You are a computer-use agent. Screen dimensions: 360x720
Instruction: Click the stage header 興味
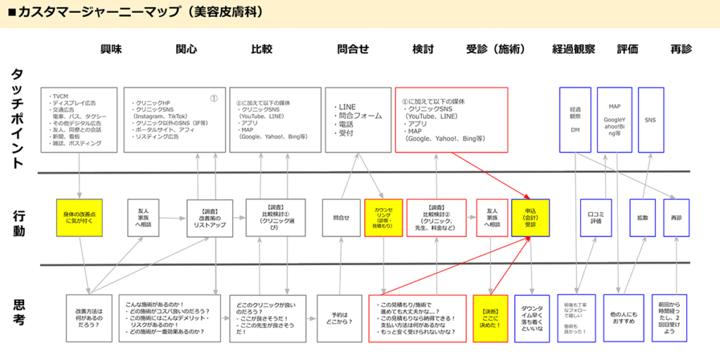click(x=111, y=49)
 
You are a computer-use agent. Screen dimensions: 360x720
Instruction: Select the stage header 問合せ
click(x=353, y=49)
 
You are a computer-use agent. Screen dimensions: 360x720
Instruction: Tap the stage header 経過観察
click(x=574, y=49)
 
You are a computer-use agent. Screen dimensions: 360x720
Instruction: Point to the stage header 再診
click(x=681, y=49)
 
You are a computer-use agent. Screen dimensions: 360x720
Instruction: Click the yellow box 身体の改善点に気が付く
click(x=79, y=217)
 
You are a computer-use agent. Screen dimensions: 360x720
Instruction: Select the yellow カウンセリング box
click(x=382, y=217)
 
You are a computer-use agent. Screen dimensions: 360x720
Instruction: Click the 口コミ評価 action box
click(x=596, y=217)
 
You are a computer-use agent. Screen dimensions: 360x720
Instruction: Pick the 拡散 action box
click(x=643, y=217)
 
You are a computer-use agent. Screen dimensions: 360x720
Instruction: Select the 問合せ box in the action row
click(x=341, y=217)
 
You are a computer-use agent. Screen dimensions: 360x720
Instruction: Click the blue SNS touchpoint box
click(x=650, y=120)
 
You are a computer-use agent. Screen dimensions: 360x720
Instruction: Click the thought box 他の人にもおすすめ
click(x=623, y=318)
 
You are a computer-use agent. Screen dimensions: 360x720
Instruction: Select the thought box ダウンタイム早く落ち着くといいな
click(x=532, y=318)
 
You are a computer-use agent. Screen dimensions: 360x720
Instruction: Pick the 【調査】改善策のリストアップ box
click(x=210, y=217)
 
